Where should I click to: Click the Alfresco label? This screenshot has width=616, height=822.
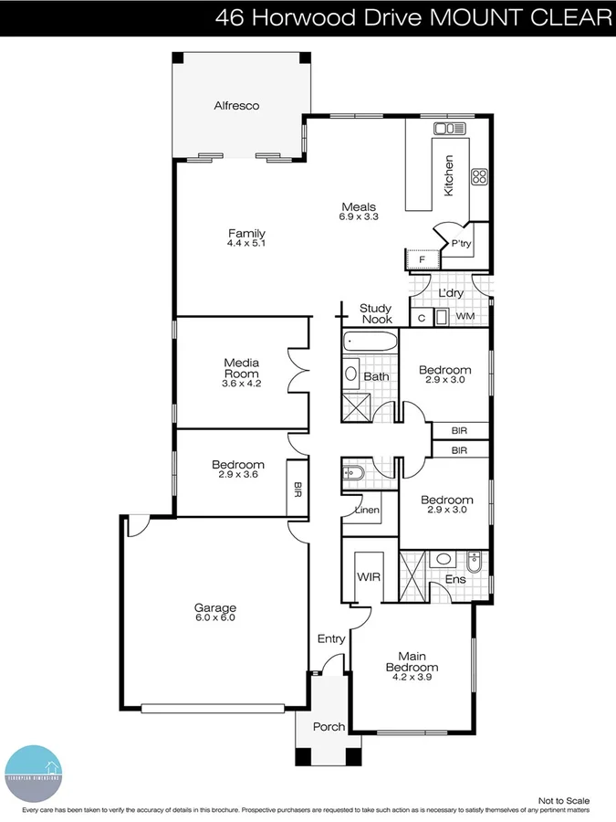236,106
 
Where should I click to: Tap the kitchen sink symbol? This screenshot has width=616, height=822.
450,128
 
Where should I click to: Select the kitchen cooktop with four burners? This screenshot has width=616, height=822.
479,176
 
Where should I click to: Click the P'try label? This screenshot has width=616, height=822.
461,244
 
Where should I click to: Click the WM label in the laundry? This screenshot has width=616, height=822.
465,316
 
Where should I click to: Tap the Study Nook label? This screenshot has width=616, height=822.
376,314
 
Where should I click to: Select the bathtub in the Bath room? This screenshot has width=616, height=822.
371,344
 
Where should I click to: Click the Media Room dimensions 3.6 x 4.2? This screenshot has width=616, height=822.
241,384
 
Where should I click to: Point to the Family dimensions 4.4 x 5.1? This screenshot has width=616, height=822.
246,244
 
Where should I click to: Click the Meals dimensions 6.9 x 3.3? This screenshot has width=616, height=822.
359,217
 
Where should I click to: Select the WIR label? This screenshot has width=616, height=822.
369,578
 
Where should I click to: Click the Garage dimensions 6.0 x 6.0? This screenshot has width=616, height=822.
214,617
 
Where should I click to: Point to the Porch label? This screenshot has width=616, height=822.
329,727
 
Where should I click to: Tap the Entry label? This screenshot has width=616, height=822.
331,638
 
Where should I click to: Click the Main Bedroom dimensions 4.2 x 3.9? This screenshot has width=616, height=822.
411,677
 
